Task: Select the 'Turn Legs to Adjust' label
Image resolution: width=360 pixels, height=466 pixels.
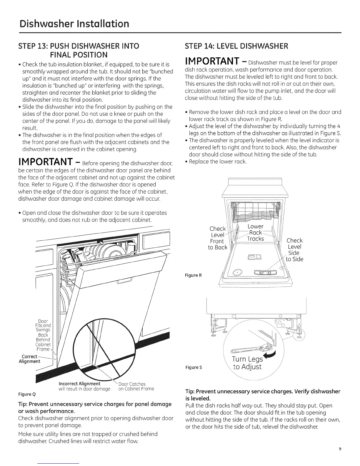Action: [x=247, y=363]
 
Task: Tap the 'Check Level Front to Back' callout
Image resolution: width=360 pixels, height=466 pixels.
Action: [x=218, y=238]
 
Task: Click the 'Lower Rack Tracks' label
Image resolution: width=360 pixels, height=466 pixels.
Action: [x=256, y=232]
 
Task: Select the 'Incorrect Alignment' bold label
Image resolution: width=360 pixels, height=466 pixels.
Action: [x=79, y=384]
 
